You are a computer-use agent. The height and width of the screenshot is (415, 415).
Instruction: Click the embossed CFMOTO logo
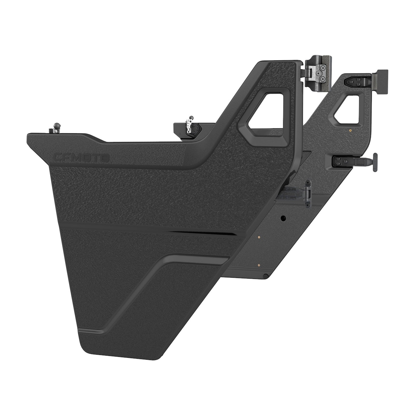click(81, 157)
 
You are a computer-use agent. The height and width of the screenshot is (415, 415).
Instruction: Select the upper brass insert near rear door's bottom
click(259, 237)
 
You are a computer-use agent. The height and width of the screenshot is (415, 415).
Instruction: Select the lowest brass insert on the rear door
click(259, 265)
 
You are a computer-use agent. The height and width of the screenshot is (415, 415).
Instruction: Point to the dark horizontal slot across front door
click(202, 233)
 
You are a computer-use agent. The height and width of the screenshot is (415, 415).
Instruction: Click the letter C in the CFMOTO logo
click(57, 157)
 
